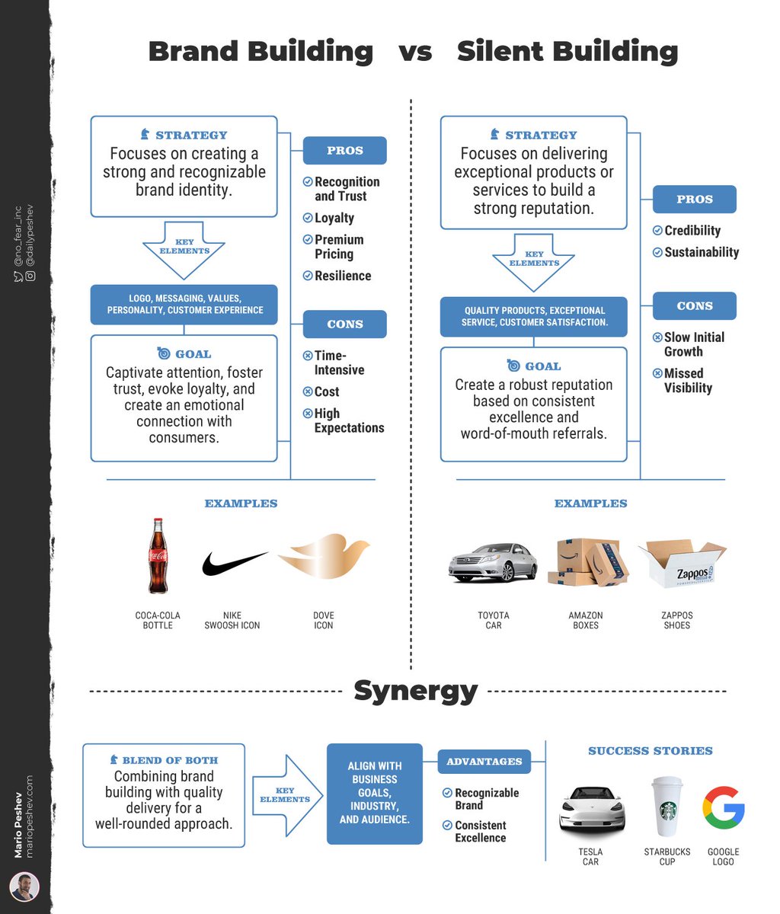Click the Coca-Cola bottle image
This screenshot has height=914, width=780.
click(x=158, y=556)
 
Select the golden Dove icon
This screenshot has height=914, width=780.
click(x=324, y=557)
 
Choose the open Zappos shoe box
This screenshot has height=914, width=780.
click(x=680, y=564)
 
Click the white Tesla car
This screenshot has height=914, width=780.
click(x=592, y=810)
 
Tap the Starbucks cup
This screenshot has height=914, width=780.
click(x=668, y=807)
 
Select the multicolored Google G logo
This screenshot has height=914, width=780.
click(x=723, y=809)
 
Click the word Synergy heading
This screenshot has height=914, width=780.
click(x=415, y=691)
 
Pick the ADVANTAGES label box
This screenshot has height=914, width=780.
click(x=484, y=761)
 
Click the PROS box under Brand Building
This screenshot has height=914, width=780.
click(x=345, y=151)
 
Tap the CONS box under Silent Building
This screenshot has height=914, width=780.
click(x=695, y=305)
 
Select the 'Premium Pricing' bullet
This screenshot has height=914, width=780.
click(x=339, y=247)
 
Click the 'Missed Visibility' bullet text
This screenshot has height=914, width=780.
click(x=688, y=380)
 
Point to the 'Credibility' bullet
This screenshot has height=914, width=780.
click(x=692, y=231)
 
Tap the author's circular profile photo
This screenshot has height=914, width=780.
click(x=24, y=887)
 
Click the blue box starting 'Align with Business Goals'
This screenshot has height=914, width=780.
click(x=375, y=793)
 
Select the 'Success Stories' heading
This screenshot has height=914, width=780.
click(x=650, y=751)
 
